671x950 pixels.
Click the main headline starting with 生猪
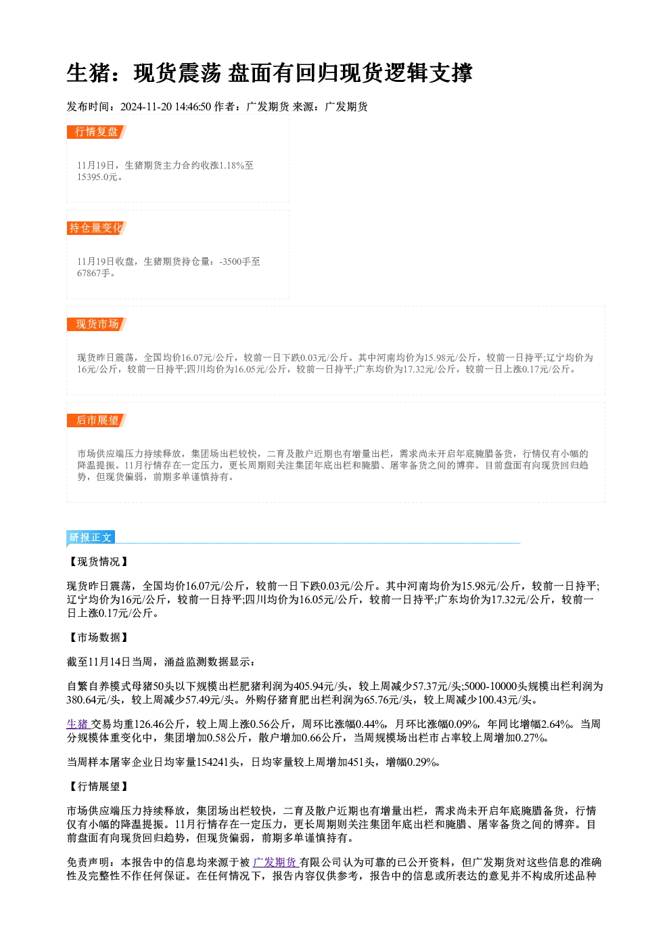point(269,73)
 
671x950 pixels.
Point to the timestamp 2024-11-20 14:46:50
point(166,106)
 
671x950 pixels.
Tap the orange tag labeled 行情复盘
point(96,131)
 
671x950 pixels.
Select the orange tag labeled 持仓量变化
point(96,228)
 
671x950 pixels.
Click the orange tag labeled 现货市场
point(96,324)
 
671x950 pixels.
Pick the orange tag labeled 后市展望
point(96,420)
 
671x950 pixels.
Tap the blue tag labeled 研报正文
point(90,538)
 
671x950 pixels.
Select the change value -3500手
point(235,261)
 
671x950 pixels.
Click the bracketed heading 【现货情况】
point(98,561)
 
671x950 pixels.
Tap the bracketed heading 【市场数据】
point(98,637)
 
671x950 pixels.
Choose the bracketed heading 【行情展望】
point(98,786)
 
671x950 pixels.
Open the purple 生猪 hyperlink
point(78,724)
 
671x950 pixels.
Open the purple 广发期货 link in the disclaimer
point(275,862)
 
